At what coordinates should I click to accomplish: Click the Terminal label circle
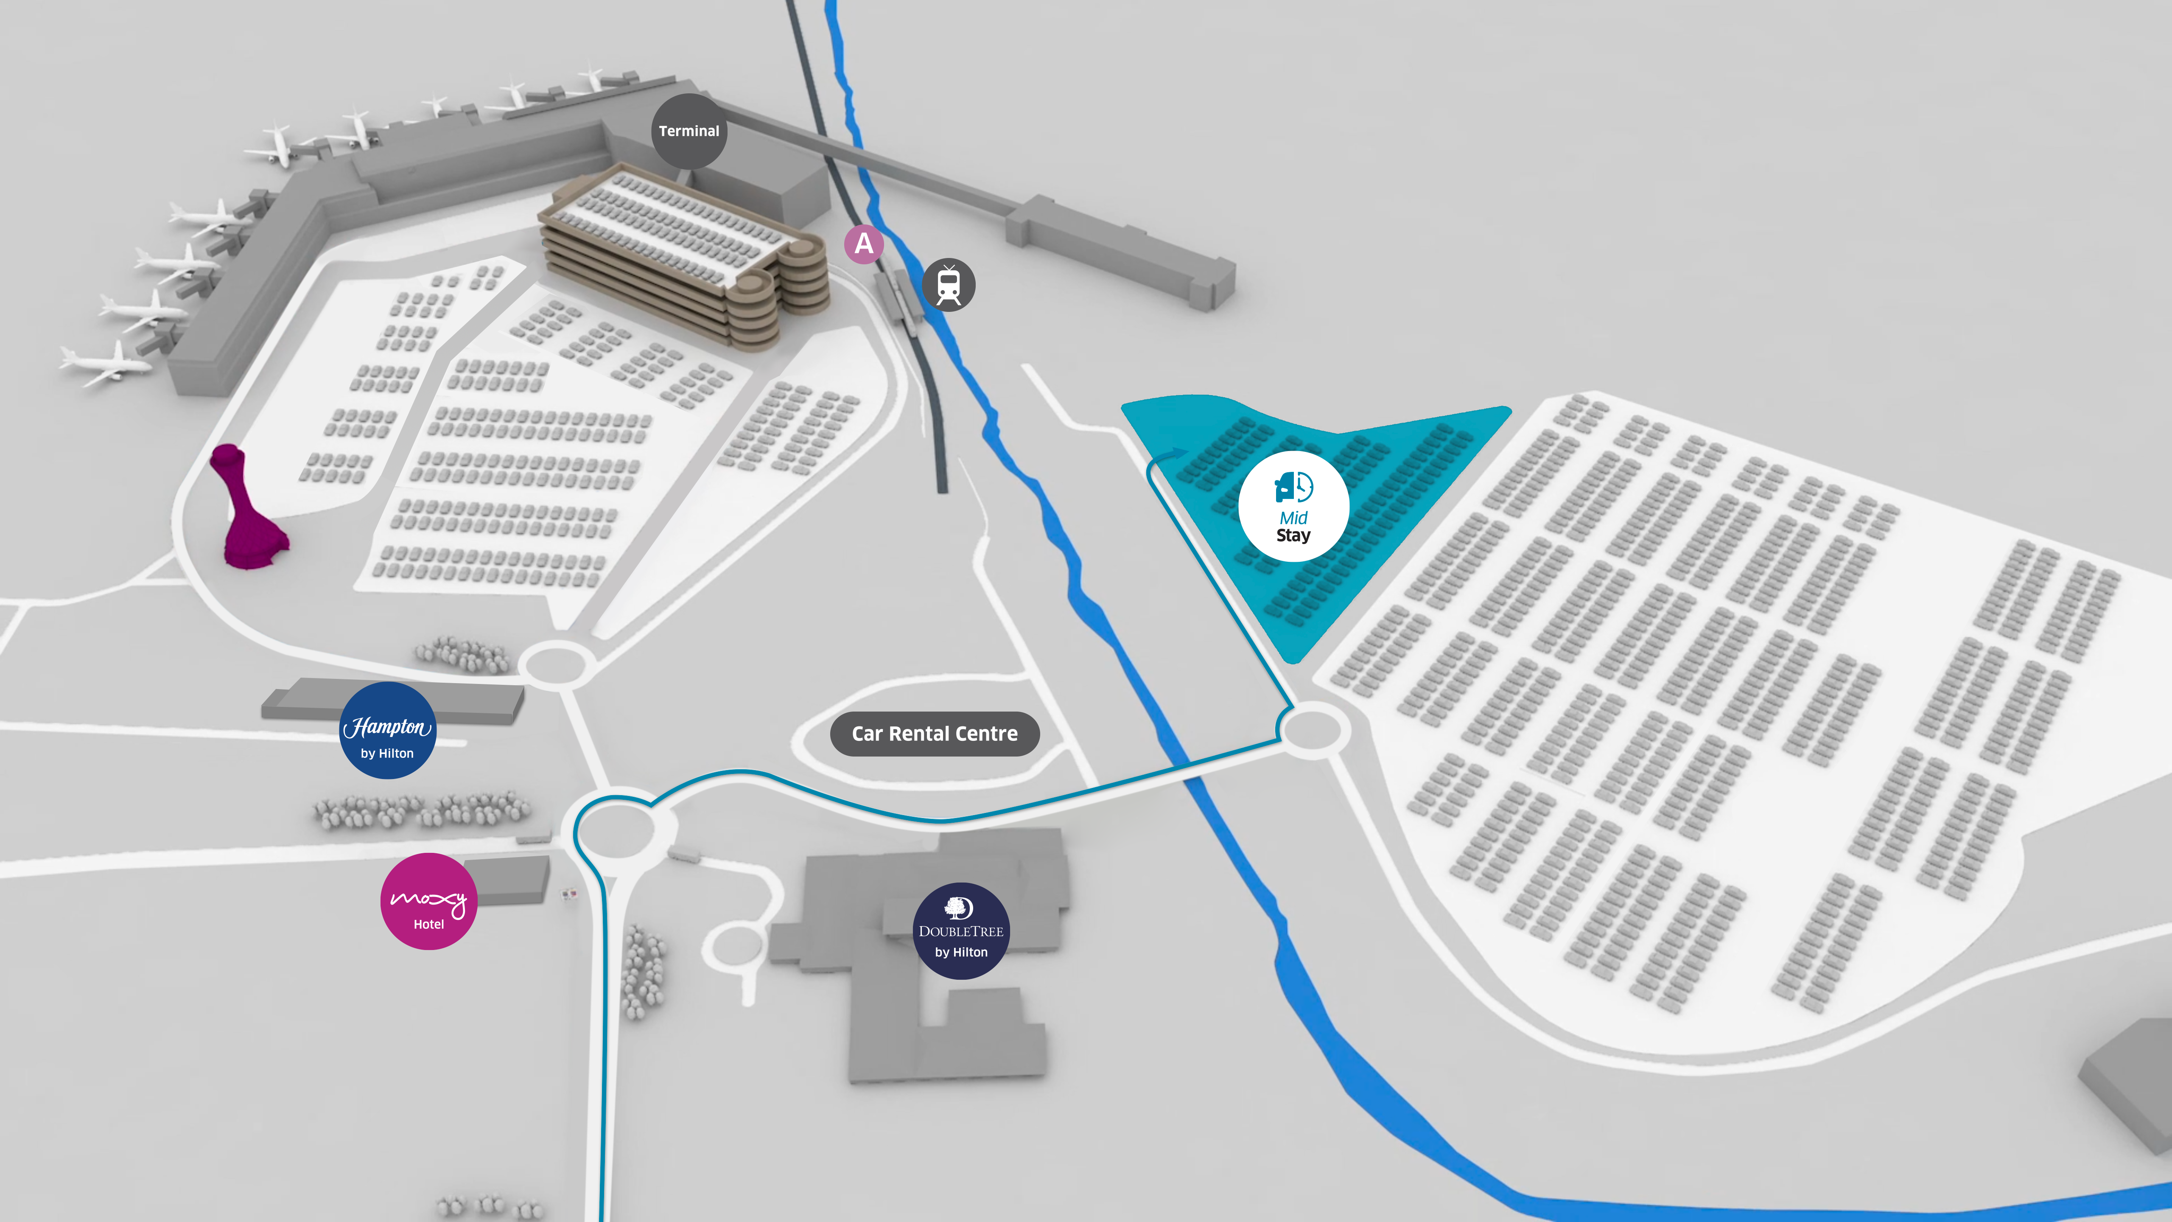tap(689, 131)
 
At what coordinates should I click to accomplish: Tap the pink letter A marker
tap(863, 244)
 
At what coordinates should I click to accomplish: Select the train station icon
tap(949, 285)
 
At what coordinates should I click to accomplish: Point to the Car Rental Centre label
tap(934, 734)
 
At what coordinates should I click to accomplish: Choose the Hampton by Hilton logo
tap(387, 730)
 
